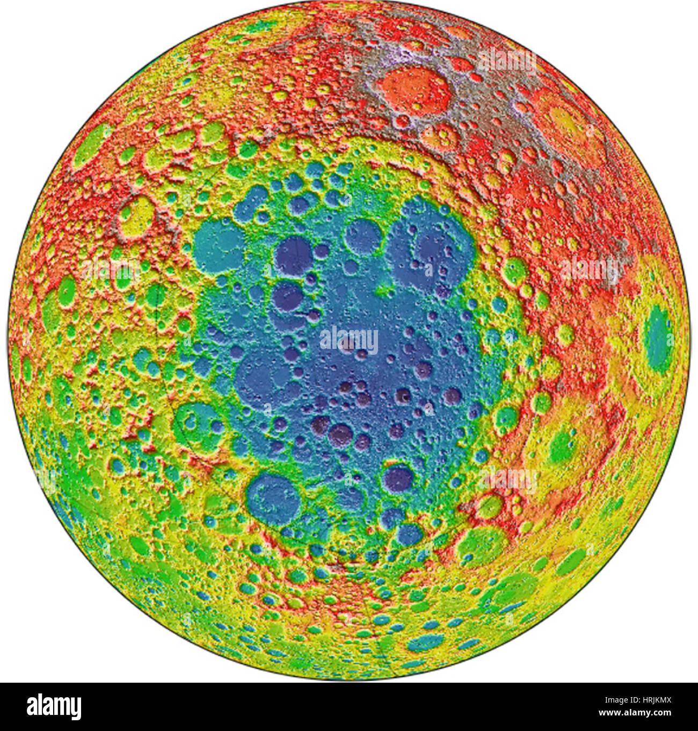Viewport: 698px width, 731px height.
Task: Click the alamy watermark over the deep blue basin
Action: (349, 339)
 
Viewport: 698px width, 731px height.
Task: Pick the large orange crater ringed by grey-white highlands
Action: (414, 90)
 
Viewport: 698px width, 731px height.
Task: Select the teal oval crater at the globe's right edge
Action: (658, 339)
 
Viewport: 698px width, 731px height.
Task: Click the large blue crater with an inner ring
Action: (273, 499)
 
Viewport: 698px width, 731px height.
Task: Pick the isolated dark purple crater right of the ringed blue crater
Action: (397, 479)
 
